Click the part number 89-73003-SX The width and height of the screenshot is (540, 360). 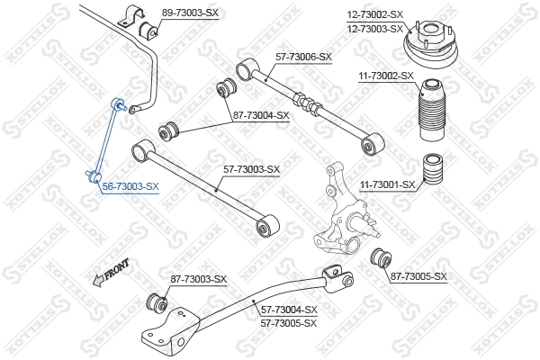click(190, 13)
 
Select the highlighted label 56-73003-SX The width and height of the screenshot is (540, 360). click(130, 186)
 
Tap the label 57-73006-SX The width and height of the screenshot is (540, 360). click(303, 57)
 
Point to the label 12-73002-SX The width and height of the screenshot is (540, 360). click(375, 13)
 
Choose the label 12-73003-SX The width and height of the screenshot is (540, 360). click(375, 28)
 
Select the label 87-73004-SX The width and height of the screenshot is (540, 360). click(260, 115)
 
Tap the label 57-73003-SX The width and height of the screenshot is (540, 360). click(251, 169)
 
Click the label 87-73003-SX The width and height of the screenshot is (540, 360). click(199, 280)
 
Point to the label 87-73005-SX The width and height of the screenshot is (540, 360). click(418, 275)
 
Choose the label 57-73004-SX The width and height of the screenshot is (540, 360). click(289, 310)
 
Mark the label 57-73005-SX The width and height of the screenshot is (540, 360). click(289, 322)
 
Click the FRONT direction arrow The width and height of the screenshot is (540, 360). click(111, 272)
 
